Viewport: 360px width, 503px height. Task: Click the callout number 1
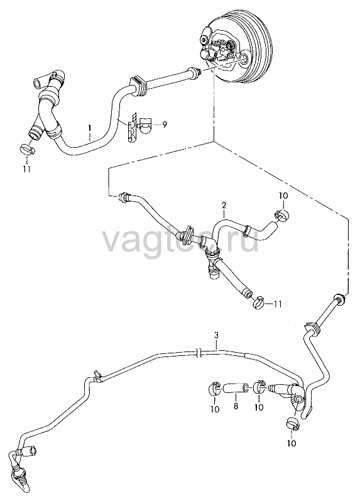coord(90,129)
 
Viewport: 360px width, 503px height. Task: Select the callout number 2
coord(224,205)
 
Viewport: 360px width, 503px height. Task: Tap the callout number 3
coord(216,335)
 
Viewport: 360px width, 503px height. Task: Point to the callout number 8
coord(236,406)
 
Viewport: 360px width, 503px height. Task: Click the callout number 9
coord(165,124)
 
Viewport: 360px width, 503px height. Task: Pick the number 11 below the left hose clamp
coord(26,169)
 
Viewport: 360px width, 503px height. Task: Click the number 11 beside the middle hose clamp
coord(277,304)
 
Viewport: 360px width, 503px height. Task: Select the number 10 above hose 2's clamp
coord(283,196)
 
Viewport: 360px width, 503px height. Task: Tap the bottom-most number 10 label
coord(292,443)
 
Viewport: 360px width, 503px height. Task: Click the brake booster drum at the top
coord(238,52)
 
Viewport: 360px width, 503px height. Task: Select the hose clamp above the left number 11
coord(28,148)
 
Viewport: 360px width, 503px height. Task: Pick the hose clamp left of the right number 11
coord(259,302)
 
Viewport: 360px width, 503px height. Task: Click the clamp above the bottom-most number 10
coord(293,423)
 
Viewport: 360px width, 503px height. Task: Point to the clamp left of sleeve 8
coord(212,389)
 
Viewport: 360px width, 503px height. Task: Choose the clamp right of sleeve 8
coord(259,387)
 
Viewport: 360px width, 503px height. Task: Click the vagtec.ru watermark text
coord(180,240)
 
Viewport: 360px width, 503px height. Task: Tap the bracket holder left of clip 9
coord(132,128)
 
